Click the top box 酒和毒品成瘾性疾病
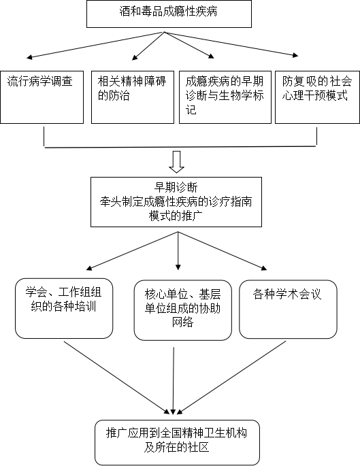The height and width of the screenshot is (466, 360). pyautogui.click(x=169, y=14)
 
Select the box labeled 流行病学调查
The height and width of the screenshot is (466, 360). pyautogui.click(x=42, y=97)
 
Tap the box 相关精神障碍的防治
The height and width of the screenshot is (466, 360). pyautogui.click(x=133, y=97)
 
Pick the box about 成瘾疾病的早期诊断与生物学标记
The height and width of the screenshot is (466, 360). pyautogui.click(x=225, y=97)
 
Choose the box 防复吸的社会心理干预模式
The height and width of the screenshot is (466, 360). pyautogui.click(x=317, y=97)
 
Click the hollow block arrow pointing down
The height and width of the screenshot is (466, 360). pyautogui.click(x=176, y=162)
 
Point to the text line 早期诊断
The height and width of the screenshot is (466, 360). pyautogui.click(x=176, y=188)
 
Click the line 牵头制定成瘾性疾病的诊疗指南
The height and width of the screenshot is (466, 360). pyautogui.click(x=176, y=202)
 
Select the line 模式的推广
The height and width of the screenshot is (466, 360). pyautogui.click(x=176, y=216)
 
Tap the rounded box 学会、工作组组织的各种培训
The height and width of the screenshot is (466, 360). pyautogui.click(x=64, y=308)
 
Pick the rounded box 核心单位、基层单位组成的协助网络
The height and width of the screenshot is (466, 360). pyautogui.click(x=183, y=310)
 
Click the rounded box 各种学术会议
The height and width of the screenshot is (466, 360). pyautogui.click(x=288, y=309)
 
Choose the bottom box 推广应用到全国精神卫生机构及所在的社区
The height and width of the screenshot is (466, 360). pyautogui.click(x=177, y=442)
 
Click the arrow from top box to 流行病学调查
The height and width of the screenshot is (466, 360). pyautogui.click(x=95, y=45)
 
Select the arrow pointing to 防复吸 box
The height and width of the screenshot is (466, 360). pyautogui.click(x=231, y=44)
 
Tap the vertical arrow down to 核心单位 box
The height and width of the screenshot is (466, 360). pyautogui.click(x=178, y=251)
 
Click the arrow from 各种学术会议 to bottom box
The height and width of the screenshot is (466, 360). pyautogui.click(x=231, y=378)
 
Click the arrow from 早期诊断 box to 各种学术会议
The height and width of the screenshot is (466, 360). pyautogui.click(x=223, y=251)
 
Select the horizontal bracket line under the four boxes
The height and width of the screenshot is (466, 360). pyautogui.click(x=180, y=147)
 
